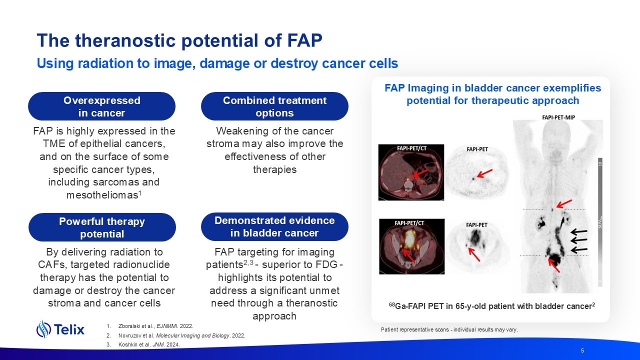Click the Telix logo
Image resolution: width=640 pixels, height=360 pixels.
click(x=60, y=329)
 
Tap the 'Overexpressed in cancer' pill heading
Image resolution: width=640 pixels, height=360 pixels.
click(x=101, y=106)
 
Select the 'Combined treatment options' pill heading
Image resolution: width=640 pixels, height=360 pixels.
click(x=274, y=106)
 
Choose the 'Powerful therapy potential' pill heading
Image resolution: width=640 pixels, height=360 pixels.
click(x=102, y=227)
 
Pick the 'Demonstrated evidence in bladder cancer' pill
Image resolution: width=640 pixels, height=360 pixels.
click(x=274, y=227)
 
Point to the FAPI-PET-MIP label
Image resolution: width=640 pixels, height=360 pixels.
click(x=558, y=117)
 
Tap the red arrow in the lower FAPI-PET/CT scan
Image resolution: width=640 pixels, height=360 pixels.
click(x=409, y=255)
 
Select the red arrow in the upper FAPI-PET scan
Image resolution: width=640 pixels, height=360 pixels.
click(x=484, y=173)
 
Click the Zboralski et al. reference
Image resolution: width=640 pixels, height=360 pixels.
click(x=156, y=326)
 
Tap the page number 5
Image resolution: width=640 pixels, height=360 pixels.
click(x=582, y=350)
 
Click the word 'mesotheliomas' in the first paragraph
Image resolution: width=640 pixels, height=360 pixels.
click(x=102, y=195)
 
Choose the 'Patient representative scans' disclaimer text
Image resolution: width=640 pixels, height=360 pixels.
click(x=449, y=329)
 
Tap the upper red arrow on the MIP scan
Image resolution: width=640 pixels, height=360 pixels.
click(x=564, y=203)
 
